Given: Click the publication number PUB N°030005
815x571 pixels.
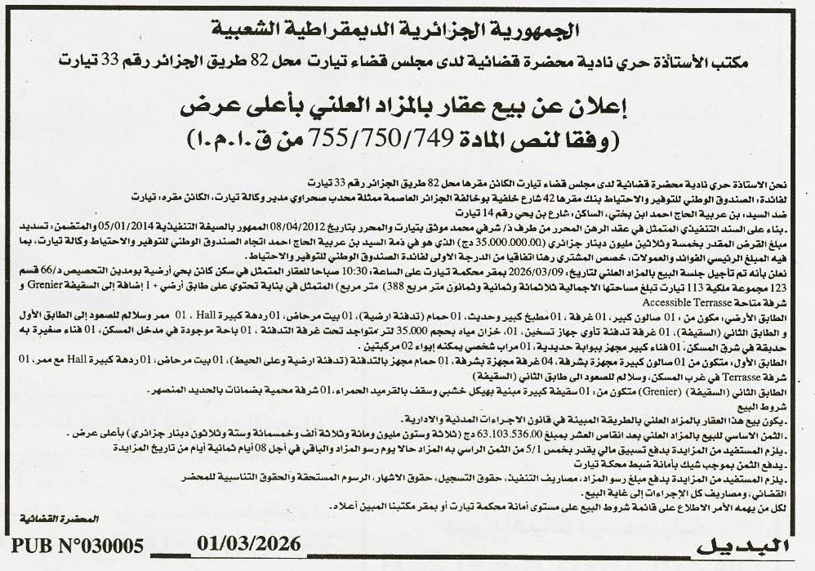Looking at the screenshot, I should [x=78, y=546].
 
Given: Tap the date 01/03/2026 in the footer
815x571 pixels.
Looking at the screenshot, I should [x=249, y=543].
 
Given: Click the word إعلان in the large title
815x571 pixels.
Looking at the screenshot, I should [x=594, y=106].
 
